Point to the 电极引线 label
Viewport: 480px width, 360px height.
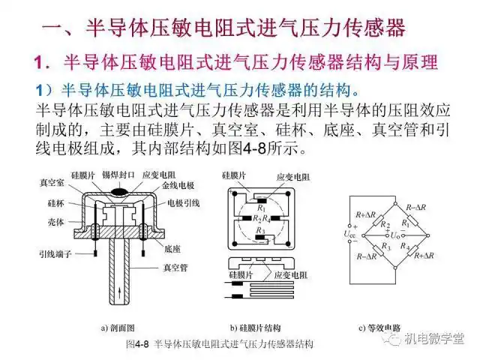(x=183, y=202)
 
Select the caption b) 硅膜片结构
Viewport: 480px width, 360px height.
(x=259, y=328)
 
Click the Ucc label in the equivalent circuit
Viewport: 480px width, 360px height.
(x=349, y=234)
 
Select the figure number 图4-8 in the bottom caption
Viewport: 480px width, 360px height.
(x=138, y=344)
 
